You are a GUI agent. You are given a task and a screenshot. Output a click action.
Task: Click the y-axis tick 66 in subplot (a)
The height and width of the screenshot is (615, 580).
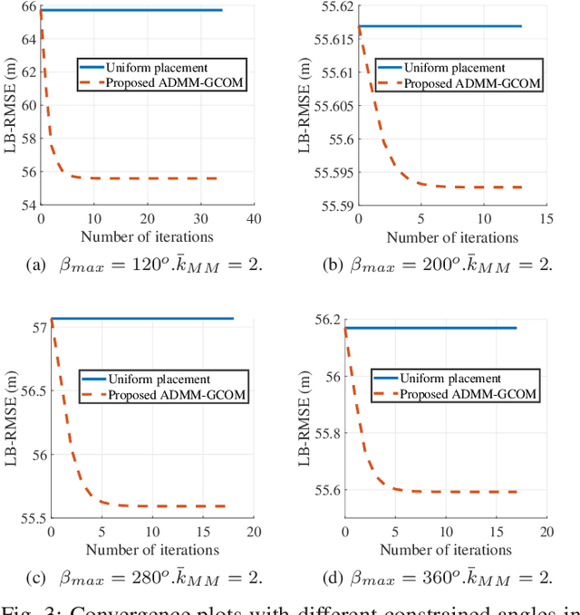click(x=27, y=6)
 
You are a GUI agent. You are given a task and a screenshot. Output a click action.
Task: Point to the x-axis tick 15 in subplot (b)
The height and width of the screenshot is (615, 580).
click(x=546, y=220)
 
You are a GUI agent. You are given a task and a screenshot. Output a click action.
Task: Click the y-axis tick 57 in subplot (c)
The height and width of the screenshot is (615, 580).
click(x=37, y=327)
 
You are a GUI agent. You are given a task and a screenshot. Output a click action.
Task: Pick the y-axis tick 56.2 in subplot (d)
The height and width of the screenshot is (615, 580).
click(x=325, y=320)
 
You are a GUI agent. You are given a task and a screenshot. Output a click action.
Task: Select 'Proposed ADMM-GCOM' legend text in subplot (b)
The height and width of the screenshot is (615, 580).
click(x=471, y=83)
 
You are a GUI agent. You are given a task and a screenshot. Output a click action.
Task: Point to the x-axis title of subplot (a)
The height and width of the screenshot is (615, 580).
click(x=147, y=237)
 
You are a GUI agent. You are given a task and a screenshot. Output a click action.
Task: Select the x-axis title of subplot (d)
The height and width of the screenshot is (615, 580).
click(x=446, y=550)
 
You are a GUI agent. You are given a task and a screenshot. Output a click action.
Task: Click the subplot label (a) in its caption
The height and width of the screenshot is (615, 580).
click(x=63, y=264)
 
